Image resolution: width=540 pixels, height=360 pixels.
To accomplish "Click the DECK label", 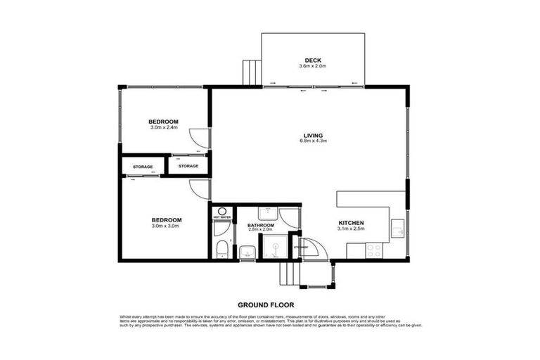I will [313, 59].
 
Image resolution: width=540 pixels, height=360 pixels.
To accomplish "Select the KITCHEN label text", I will [352, 222].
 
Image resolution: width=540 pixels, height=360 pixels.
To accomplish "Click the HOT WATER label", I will [221, 217].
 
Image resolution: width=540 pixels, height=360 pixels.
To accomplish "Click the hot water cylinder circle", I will [221, 210].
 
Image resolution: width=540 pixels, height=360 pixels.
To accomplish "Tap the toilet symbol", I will [221, 247].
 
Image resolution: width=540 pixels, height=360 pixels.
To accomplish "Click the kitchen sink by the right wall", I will [398, 228].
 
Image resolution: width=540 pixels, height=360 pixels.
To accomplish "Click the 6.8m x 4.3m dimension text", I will [313, 141].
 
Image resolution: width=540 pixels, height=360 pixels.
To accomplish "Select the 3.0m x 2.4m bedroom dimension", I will [164, 127].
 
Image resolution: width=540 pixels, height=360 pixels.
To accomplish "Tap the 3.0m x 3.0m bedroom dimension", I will [166, 226].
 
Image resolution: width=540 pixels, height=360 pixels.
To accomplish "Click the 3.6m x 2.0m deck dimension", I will [313, 66].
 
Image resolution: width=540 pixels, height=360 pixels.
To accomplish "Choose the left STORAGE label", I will [143, 167].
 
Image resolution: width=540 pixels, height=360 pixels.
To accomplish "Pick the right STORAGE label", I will [188, 166].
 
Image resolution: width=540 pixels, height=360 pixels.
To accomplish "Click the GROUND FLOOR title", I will [265, 305].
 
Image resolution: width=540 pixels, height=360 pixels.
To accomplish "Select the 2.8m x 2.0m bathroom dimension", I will [259, 230].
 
